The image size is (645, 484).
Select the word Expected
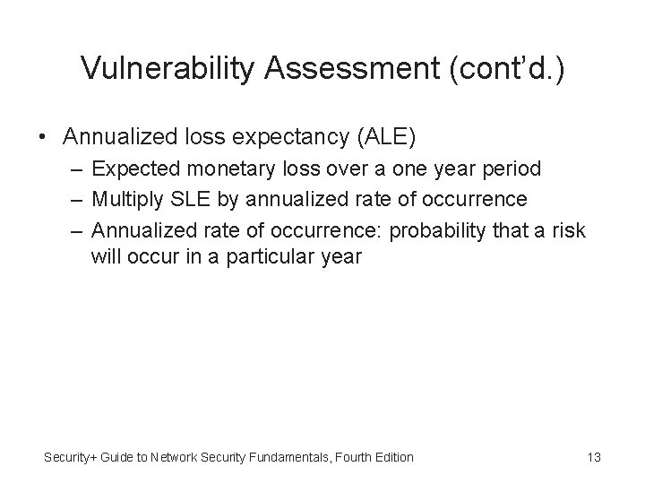click(133, 169)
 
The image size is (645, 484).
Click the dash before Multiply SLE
click(78, 199)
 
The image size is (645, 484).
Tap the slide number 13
click(593, 457)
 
